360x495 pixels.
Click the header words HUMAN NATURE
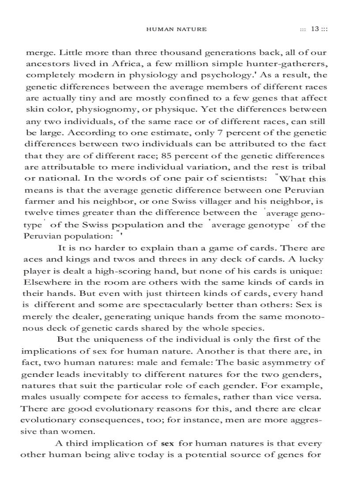pyautogui.click(x=176, y=30)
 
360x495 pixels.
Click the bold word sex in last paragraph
pyautogui.click(x=168, y=443)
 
